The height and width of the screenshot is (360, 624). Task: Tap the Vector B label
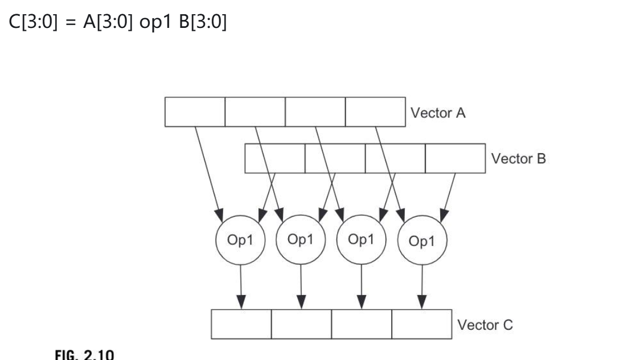pyautogui.click(x=518, y=158)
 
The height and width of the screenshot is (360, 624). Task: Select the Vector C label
pyautogui.click(x=485, y=325)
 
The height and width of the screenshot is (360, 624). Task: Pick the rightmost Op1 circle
pyautogui.click(x=422, y=242)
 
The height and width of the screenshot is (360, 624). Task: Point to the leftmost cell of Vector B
pyautogui.click(x=275, y=158)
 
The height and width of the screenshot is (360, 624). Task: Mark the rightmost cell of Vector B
pyautogui.click(x=455, y=158)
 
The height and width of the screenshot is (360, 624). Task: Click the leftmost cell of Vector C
pyautogui.click(x=241, y=325)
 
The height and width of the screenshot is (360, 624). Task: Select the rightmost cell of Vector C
pyautogui.click(x=422, y=325)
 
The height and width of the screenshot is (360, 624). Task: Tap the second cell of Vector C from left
pyautogui.click(x=301, y=325)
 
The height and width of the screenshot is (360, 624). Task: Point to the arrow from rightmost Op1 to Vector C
pyautogui.click(x=422, y=285)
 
